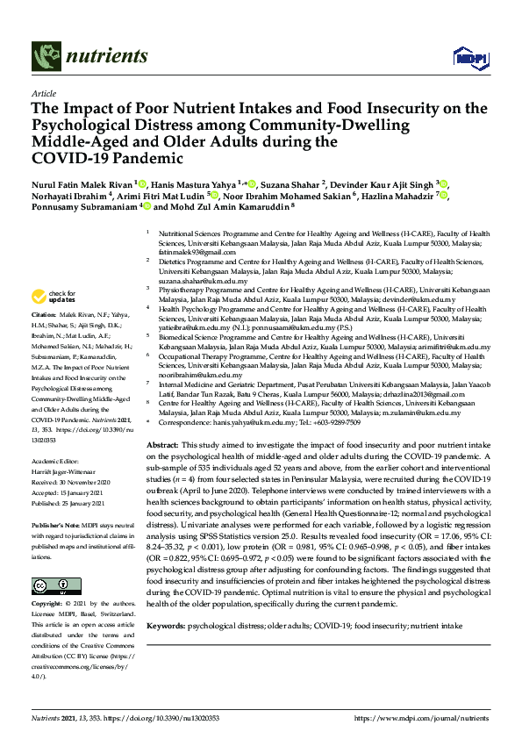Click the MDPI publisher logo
pos(469,58)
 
